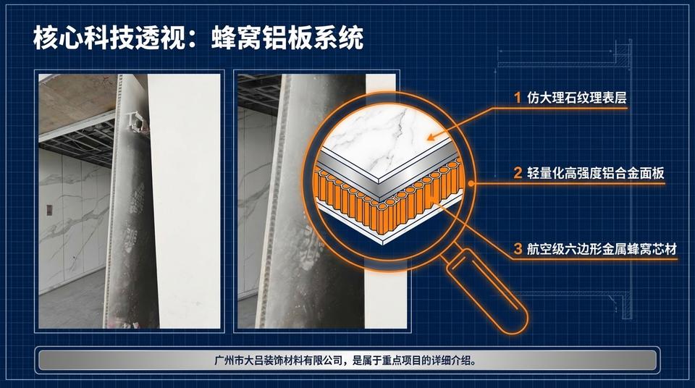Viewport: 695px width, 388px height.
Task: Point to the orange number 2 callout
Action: click(x=517, y=173)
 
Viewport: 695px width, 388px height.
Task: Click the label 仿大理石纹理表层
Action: click(x=576, y=97)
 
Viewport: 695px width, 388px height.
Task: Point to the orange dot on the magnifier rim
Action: click(x=472, y=184)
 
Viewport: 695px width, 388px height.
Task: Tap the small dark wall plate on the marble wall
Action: click(x=49, y=210)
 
